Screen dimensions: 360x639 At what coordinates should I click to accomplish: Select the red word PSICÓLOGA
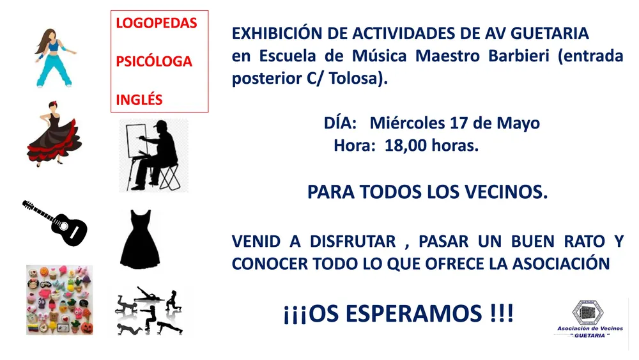[153, 61]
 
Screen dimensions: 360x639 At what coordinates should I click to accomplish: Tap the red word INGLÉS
[139, 100]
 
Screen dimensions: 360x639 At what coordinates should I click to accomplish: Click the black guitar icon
[55, 223]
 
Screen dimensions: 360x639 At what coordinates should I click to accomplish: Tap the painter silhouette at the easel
[154, 155]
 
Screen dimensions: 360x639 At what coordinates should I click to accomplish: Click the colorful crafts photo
[59, 300]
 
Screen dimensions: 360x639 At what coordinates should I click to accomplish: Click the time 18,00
[405, 145]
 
